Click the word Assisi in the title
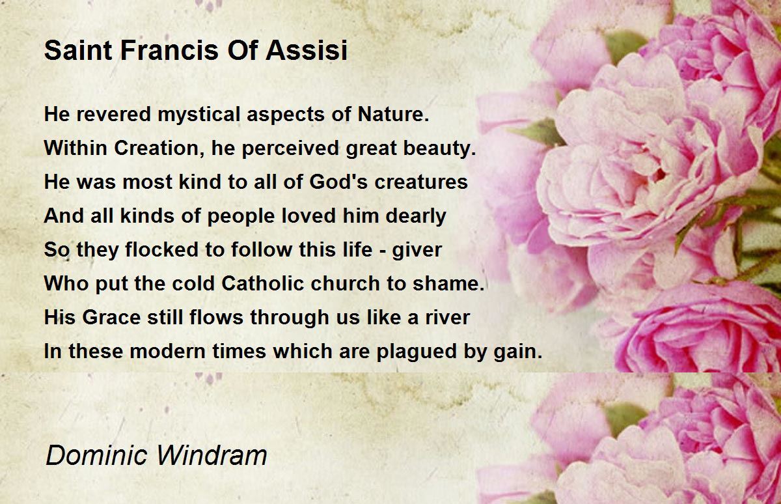tap(307, 50)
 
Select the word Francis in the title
tap(170, 50)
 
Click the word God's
tap(338, 182)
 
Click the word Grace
tap(111, 317)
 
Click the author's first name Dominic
tap(96, 455)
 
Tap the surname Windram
tap(212, 455)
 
